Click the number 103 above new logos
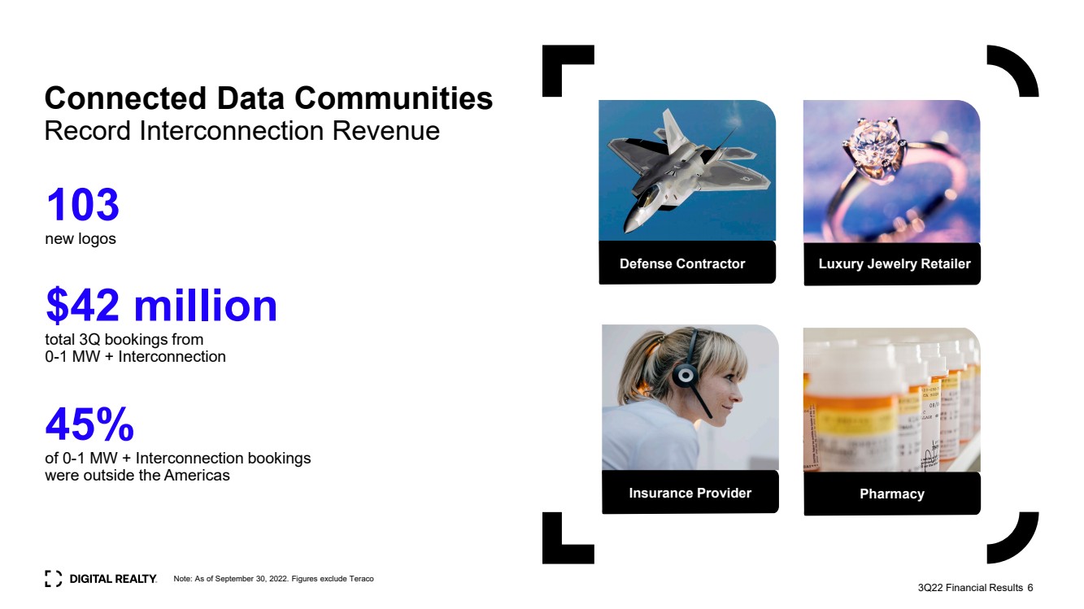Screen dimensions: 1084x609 click(83, 205)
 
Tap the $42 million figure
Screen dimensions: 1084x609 click(162, 305)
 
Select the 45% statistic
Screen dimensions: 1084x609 click(89, 424)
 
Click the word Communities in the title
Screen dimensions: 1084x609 click(394, 98)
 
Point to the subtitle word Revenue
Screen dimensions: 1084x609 click(385, 131)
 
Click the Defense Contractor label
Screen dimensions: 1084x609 click(682, 263)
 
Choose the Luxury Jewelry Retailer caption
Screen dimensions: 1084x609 click(895, 263)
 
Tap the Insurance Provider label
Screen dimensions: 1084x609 click(690, 493)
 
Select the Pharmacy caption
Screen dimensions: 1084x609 click(892, 494)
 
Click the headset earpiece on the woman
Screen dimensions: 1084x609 click(686, 375)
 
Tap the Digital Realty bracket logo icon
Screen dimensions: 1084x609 click(53, 579)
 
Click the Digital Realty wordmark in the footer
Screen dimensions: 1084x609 click(113, 579)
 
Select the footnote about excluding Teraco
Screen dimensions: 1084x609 click(273, 579)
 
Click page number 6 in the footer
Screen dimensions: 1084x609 click(1030, 587)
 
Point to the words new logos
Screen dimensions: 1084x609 click(81, 238)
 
